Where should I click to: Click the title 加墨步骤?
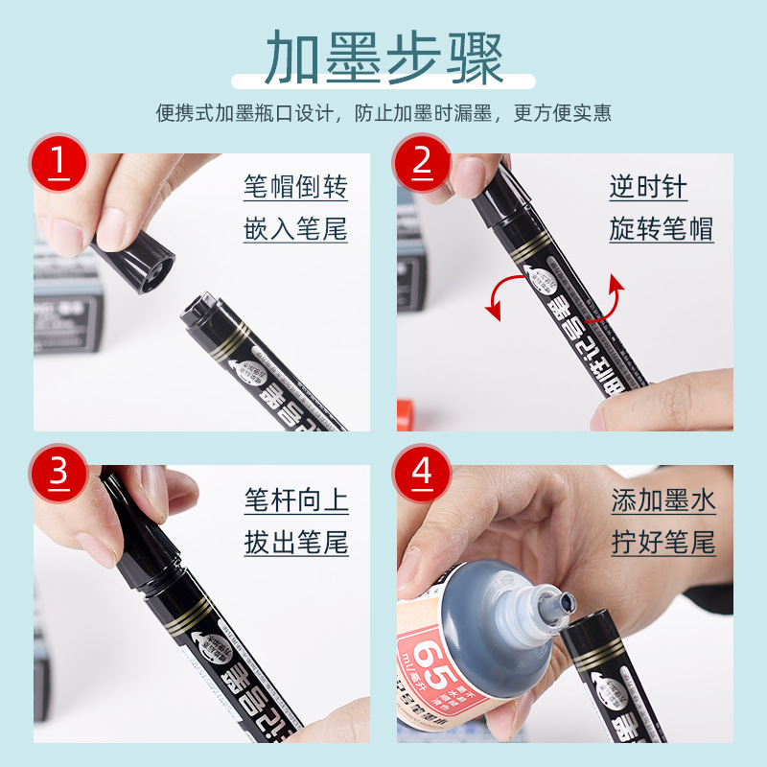383,58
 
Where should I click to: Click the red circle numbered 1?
58,161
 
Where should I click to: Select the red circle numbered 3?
58,473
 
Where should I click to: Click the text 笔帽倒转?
295,186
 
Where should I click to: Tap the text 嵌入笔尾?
295,230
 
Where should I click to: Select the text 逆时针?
648,186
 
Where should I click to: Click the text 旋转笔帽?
662,230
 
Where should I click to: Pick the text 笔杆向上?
295,500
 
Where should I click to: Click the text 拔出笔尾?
295,544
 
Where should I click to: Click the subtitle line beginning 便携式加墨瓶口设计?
383,113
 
